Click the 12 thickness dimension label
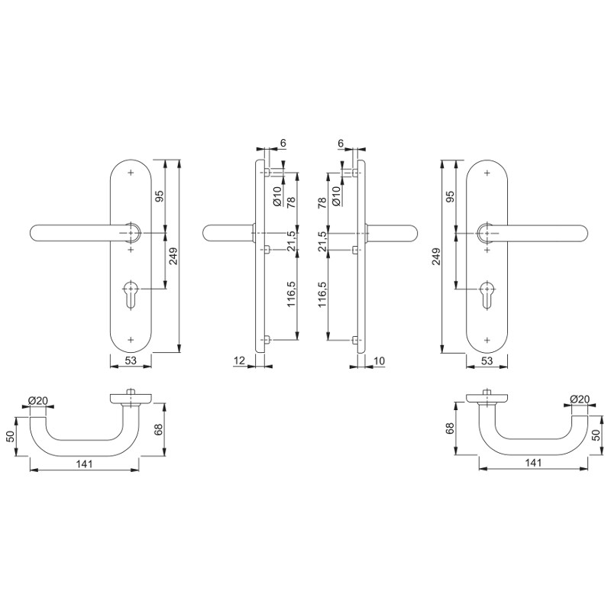point(239,360)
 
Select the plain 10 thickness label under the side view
point(379,360)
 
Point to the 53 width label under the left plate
point(131,360)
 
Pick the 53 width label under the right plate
point(487,360)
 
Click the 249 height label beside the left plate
point(173,256)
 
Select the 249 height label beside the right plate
point(436,256)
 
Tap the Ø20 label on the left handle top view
point(37,400)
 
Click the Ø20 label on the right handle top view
point(580,399)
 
